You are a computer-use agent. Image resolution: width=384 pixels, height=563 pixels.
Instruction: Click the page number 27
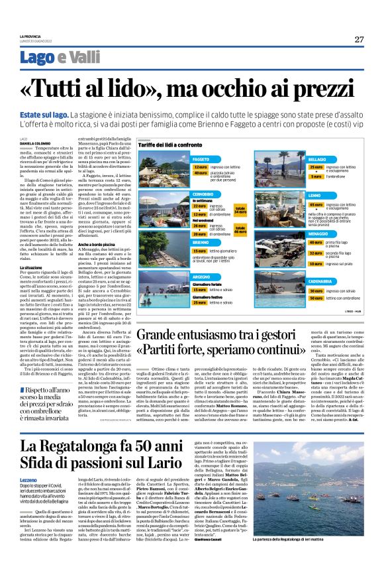coord(359,39)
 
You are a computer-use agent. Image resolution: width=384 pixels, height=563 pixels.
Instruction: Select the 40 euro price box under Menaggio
coord(299,242)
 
